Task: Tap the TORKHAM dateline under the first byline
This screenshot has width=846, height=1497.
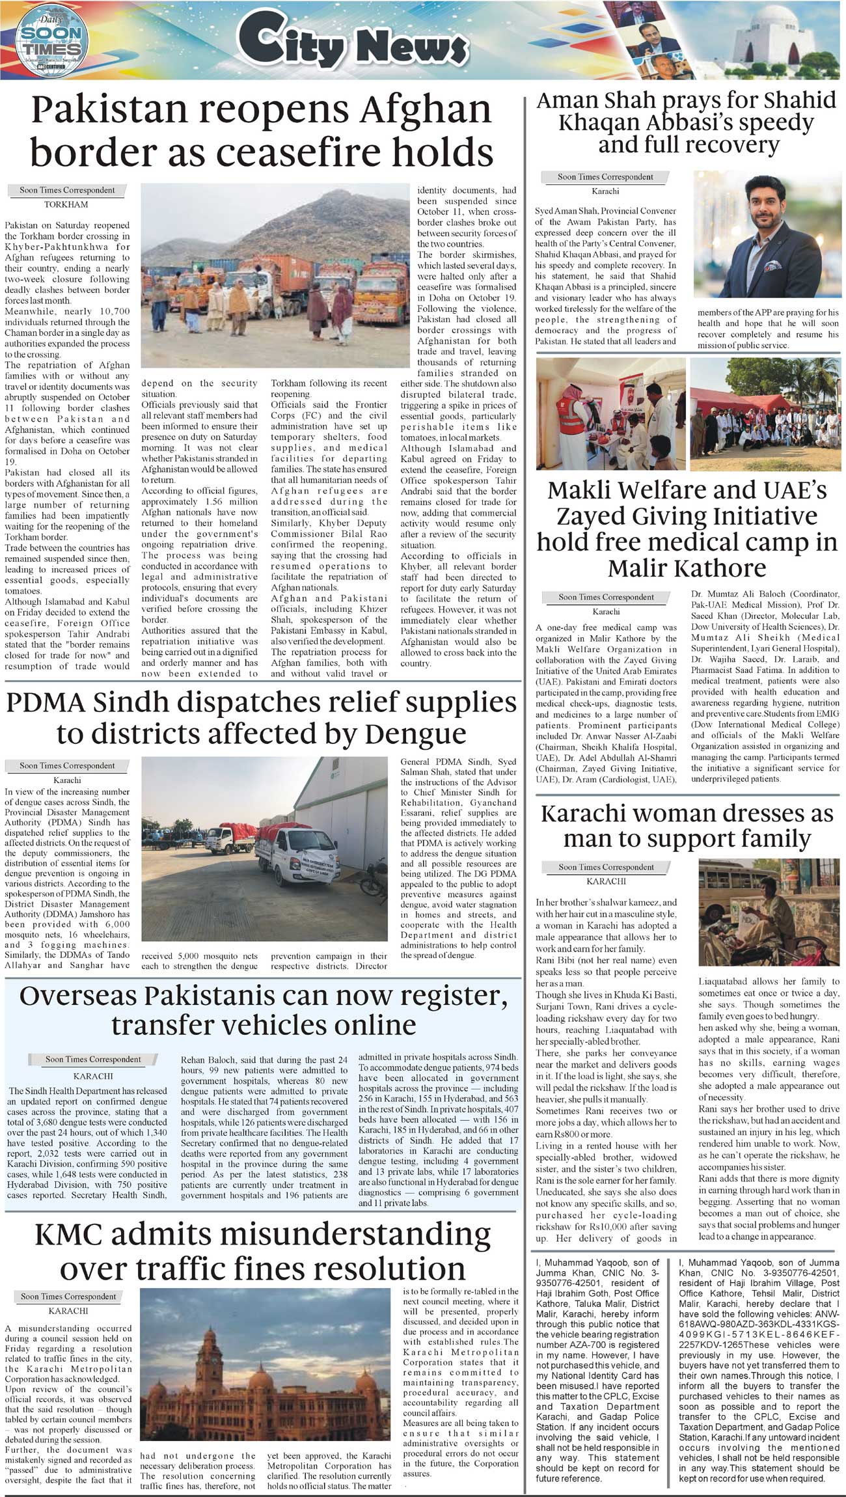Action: pyautogui.click(x=66, y=204)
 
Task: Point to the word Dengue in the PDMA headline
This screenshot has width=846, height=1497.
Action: pyautogui.click(x=415, y=734)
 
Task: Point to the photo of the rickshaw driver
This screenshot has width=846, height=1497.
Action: pyautogui.click(x=769, y=912)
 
